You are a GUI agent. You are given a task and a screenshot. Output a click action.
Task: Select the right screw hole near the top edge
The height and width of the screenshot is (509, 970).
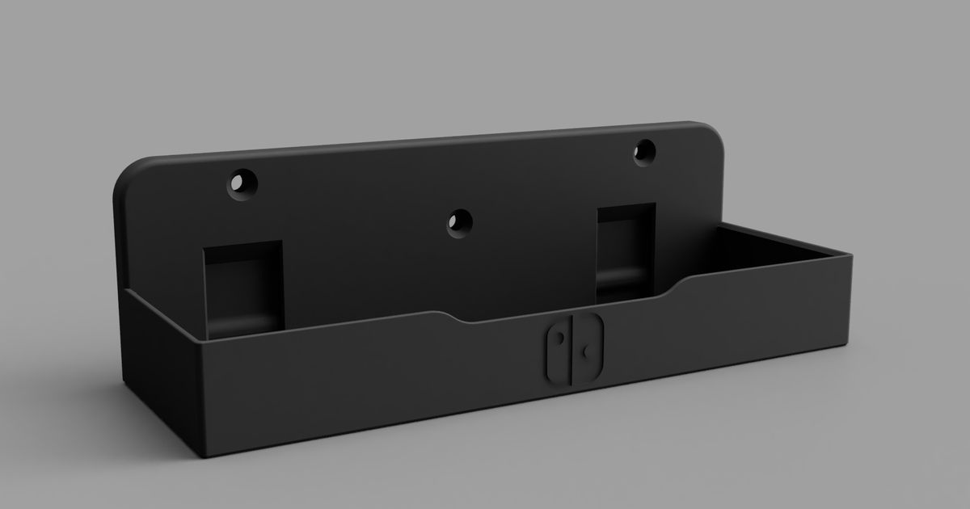[x=645, y=152]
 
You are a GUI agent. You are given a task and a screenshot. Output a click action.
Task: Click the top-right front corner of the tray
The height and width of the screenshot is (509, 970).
[x=850, y=257]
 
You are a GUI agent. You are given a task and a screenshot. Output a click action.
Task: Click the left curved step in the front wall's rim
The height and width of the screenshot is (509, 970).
[x=457, y=317]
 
